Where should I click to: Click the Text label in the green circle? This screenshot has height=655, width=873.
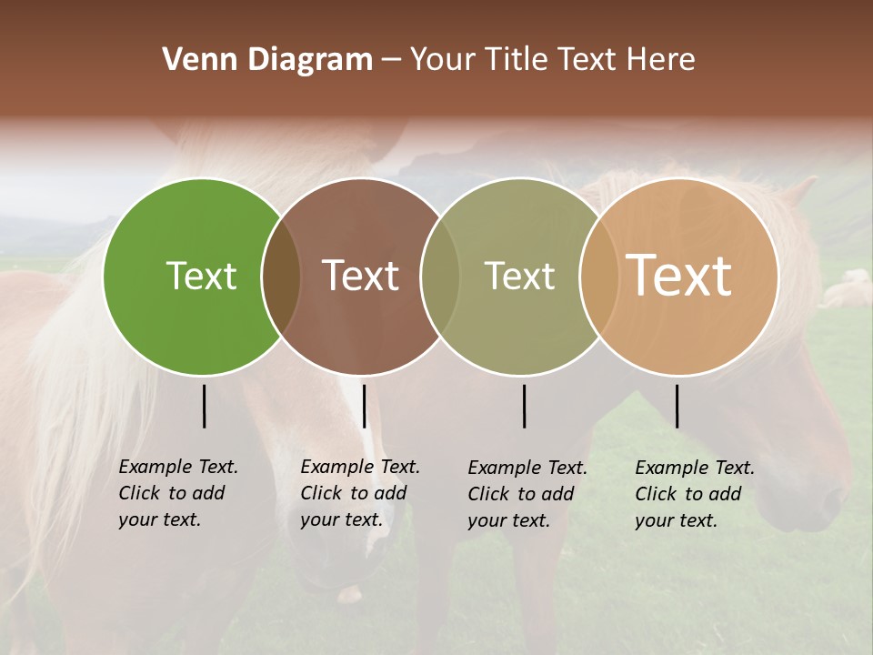201,276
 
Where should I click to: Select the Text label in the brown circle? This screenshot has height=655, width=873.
361,276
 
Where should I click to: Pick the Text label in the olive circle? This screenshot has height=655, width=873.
519,276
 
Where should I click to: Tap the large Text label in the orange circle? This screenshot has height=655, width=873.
679,276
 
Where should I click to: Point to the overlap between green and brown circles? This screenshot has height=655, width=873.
281,277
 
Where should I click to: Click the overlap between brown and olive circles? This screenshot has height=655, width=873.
440,277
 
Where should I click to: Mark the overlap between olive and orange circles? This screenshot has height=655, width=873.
598,277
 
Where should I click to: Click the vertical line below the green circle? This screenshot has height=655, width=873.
204,406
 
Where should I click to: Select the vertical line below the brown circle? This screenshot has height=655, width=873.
364,406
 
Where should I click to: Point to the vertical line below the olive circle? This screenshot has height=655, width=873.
524,406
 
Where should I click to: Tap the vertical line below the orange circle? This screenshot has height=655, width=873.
677,406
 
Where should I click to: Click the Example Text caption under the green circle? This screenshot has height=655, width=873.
177,493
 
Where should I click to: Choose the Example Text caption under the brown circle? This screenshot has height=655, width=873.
359,493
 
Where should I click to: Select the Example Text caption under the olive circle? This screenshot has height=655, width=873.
527,494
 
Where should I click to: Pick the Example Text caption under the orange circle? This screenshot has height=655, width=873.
694,494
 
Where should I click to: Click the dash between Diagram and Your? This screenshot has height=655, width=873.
391,61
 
